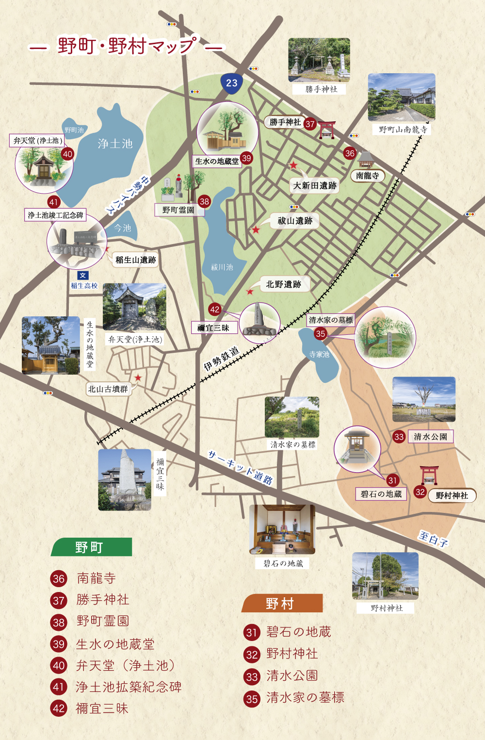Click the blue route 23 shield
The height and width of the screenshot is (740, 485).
232,83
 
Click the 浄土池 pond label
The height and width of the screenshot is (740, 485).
115,143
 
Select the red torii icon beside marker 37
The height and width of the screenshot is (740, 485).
327,130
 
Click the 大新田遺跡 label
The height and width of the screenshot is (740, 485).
315,185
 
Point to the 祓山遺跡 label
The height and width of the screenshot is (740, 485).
295,221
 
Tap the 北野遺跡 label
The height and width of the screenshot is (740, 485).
284,284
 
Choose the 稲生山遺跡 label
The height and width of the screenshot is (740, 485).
136,260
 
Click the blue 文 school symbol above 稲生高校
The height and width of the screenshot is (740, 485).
83,276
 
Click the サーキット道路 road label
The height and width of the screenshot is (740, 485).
240,467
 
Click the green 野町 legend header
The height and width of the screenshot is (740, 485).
91,547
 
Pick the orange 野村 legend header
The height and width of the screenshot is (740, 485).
281,603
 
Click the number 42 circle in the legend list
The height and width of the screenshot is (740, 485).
59,708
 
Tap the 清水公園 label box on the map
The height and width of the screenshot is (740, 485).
430,436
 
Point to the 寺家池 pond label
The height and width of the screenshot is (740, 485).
319,354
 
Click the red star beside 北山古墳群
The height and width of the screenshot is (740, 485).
138,378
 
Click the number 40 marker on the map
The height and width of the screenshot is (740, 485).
67,154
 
